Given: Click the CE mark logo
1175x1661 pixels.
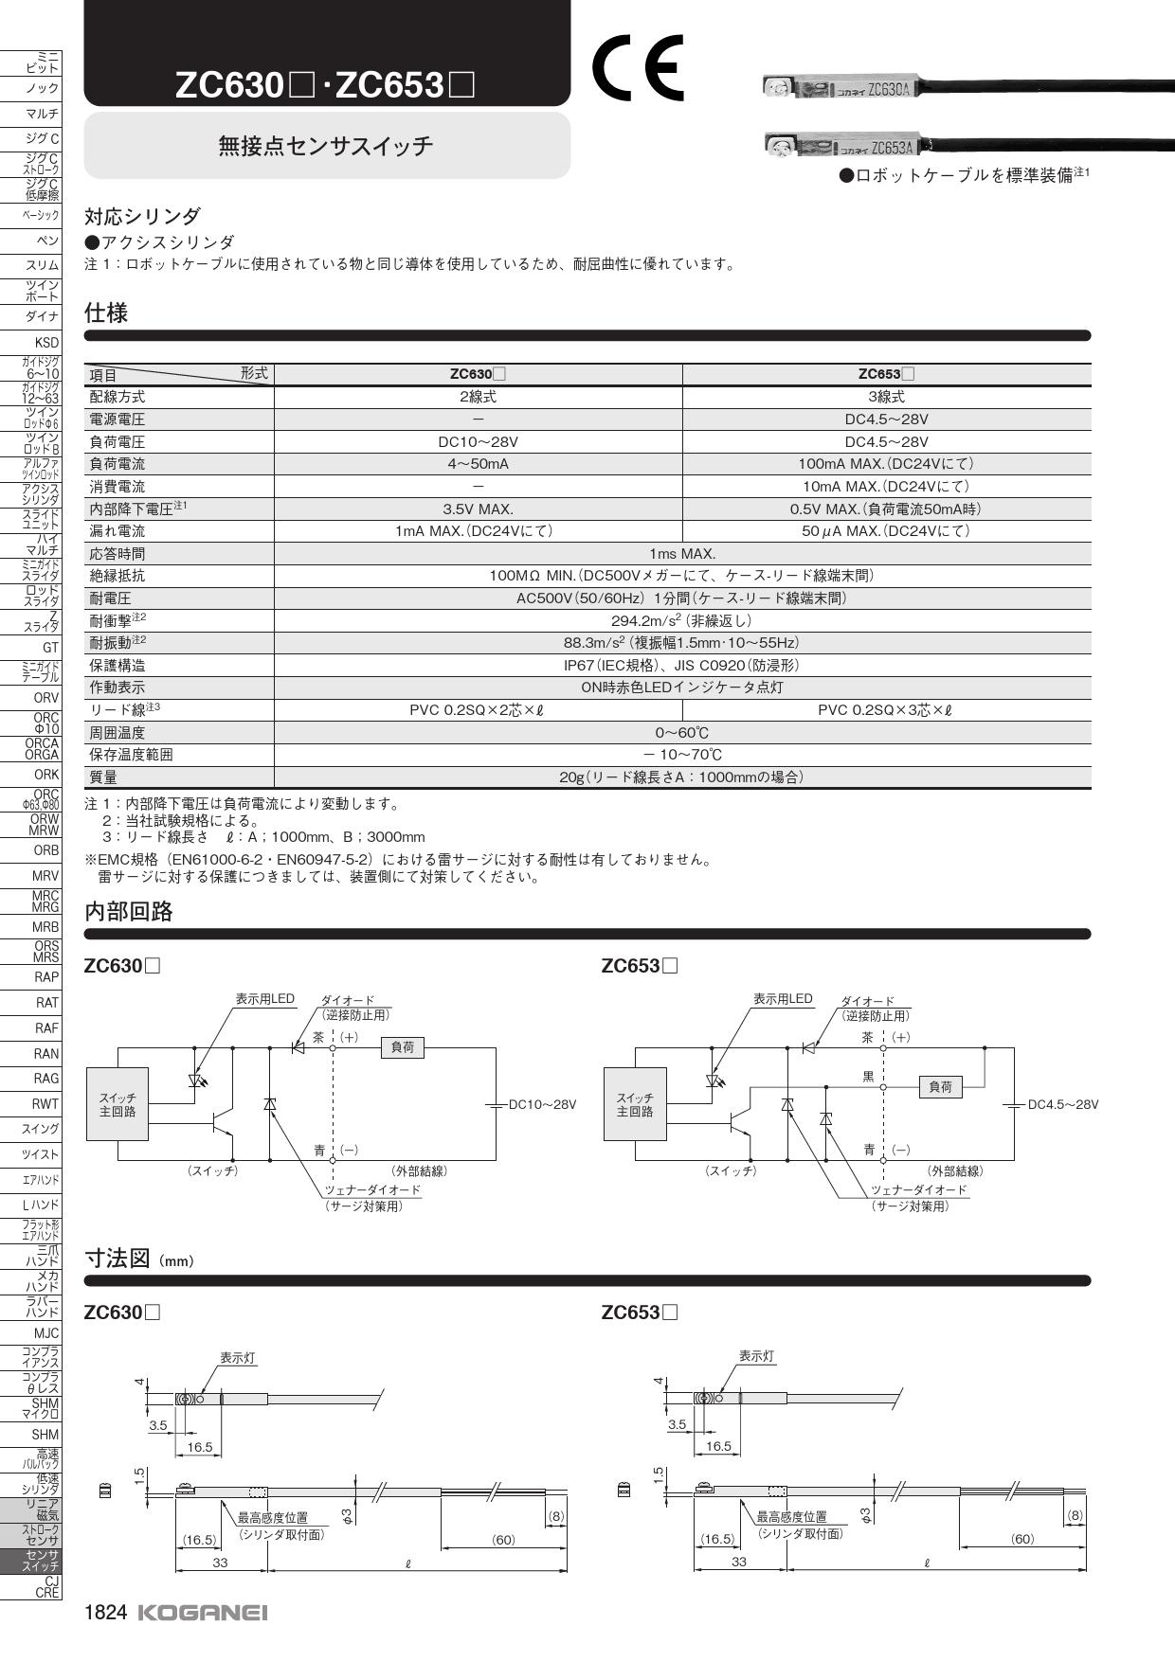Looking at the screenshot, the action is coord(638,67).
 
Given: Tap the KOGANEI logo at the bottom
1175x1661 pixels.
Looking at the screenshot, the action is coord(203,1612).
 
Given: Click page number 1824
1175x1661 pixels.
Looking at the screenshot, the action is coord(105,1612).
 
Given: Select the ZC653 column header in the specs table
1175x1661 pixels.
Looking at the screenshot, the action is coord(886,374).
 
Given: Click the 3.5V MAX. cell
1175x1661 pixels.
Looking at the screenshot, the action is coord(478,509).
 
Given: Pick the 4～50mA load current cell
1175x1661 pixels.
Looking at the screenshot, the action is coord(478,464).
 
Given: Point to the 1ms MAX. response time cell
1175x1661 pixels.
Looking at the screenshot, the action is coord(682,554).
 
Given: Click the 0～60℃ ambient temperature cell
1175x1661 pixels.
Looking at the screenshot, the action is coord(682,733).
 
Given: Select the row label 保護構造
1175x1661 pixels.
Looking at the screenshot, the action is coord(117,666).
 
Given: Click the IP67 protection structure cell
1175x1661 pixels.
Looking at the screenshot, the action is coord(682,666).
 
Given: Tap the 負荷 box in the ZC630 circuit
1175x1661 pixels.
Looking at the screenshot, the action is coord(403,1047).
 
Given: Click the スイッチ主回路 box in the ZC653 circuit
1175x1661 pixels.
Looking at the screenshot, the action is coord(635,1104).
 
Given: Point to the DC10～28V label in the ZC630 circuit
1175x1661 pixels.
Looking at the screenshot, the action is coord(542,1104).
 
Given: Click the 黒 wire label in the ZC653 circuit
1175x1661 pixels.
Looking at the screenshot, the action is coord(868,1077).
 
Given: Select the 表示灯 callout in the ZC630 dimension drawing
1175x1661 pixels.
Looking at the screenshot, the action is coord(238,1358).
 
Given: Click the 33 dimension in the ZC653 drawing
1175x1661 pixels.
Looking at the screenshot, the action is coord(739,1562).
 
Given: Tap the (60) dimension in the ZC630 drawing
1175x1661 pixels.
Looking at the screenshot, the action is coord(503,1540).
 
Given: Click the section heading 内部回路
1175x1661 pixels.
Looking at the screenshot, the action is coord(129,912).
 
